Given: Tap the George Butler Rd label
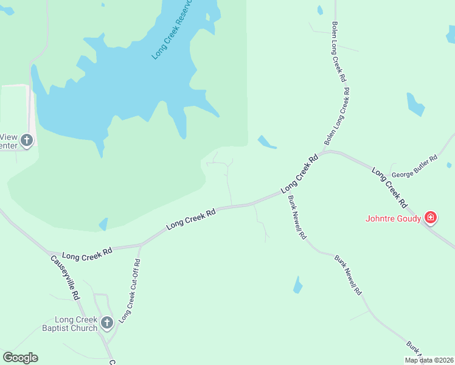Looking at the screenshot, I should tap(415, 167).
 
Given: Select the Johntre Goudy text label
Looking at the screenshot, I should tap(393, 218).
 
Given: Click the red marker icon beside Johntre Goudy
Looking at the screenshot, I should tap(431, 217).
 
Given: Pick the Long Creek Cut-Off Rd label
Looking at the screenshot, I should tap(130, 291).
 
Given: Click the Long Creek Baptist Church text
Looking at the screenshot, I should tap(76, 324).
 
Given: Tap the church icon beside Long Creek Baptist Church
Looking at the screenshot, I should tap(107, 323).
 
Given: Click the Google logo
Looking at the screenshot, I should tap(20, 358).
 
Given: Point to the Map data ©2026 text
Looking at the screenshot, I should tap(429, 360).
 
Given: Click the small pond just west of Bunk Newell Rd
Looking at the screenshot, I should tap(297, 285).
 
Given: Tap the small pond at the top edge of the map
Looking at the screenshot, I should tap(320, 10).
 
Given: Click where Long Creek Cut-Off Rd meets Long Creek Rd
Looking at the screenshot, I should tap(141, 245).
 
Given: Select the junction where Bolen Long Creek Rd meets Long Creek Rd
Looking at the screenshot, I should tap(324, 152).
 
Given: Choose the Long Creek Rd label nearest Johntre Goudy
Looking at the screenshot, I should tap(389, 185).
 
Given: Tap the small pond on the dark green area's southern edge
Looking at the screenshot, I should tap(103, 224).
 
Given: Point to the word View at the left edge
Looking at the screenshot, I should tap(9, 137).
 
